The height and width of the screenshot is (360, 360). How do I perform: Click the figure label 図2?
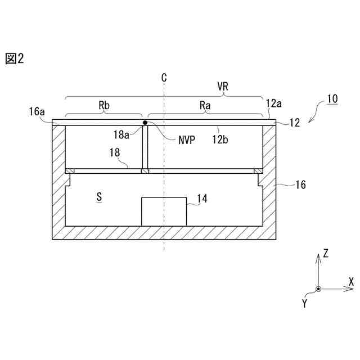click(x=15, y=59)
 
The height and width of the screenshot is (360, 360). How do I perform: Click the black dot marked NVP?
click(x=145, y=122)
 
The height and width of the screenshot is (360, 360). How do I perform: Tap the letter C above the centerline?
click(x=164, y=77)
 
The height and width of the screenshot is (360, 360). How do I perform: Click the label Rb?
click(x=104, y=105)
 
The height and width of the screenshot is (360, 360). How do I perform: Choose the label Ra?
click(x=205, y=105)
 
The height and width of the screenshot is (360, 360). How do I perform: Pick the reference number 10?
click(x=332, y=99)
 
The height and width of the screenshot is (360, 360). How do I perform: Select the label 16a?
click(x=37, y=111)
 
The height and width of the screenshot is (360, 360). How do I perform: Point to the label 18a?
click(x=122, y=134)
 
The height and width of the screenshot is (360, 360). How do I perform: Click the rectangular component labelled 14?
click(x=164, y=211)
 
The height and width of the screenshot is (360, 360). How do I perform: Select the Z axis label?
click(x=325, y=254)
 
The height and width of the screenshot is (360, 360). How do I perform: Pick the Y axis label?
click(x=305, y=303)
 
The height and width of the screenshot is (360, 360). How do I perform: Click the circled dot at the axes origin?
click(x=318, y=289)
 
